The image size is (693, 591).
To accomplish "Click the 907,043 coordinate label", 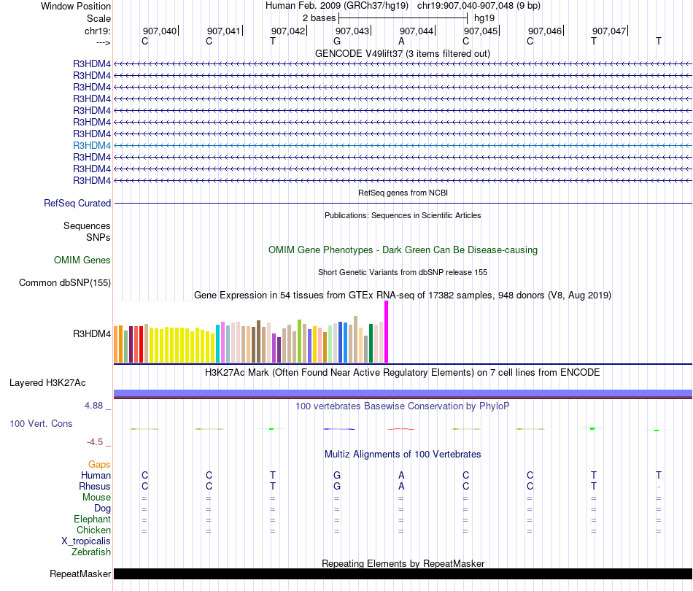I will [352, 31].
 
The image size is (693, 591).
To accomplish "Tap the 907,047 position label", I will [608, 31].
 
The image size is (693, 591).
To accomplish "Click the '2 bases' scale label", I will [318, 18].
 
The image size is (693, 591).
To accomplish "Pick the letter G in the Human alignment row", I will [337, 475].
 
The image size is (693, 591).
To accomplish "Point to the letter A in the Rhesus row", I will [401, 486].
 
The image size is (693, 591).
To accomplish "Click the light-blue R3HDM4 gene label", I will [92, 145].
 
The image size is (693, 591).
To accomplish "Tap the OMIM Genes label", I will [82, 260].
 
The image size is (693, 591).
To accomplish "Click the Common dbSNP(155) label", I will [65, 282].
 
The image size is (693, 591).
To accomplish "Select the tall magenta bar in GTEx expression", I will [386, 332].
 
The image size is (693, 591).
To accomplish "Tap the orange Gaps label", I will [99, 464].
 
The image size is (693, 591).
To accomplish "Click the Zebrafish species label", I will [91, 552].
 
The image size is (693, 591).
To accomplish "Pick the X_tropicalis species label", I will [86, 541].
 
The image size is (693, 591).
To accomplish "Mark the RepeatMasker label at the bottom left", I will [80, 574].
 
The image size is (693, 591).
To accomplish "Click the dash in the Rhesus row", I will [658, 487].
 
